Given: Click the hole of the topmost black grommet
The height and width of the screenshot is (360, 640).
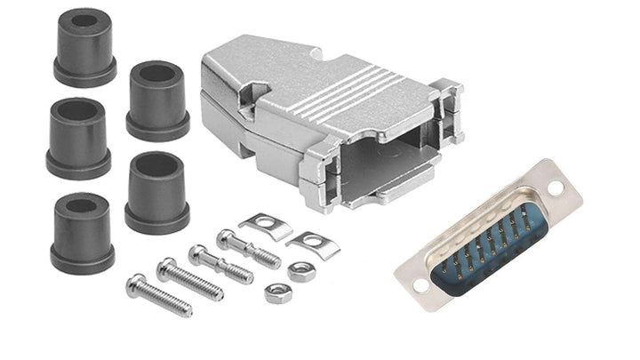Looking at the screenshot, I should [x=85, y=20].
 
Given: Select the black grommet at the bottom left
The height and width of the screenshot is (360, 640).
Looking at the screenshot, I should [x=82, y=233].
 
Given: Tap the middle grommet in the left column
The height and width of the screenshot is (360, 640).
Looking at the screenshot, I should [x=77, y=138].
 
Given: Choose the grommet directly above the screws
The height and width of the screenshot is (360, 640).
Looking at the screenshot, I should [x=156, y=192].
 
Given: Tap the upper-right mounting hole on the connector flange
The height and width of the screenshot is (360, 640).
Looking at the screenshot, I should [x=556, y=188].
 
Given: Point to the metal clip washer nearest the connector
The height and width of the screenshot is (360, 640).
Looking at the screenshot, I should [x=312, y=243].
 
